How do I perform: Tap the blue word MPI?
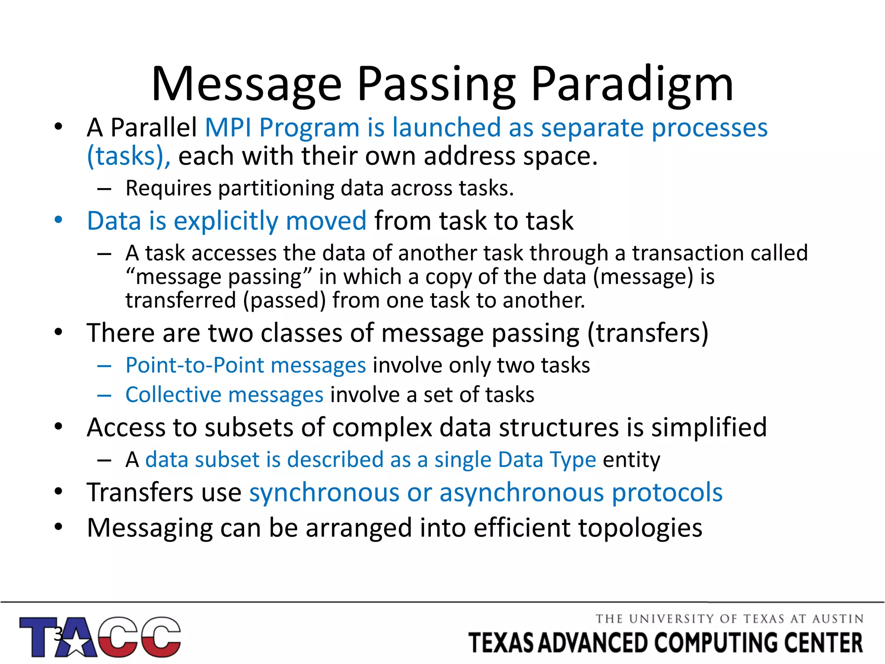pyautogui.click(x=228, y=128)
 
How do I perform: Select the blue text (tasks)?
pyautogui.click(x=129, y=156)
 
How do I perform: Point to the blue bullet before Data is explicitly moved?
pyautogui.click(x=59, y=220)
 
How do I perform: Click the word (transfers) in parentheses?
pyautogui.click(x=648, y=333)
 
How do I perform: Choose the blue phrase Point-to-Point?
pyautogui.click(x=194, y=365)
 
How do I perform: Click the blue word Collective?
pyautogui.click(x=173, y=395)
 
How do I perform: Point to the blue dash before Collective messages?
pyautogui.click(x=105, y=395)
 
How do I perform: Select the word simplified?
pyautogui.click(x=709, y=428)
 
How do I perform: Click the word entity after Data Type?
pyautogui.click(x=631, y=460)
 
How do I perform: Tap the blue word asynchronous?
pyautogui.click(x=521, y=492)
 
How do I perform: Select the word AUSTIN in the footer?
pyautogui.click(x=837, y=619)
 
